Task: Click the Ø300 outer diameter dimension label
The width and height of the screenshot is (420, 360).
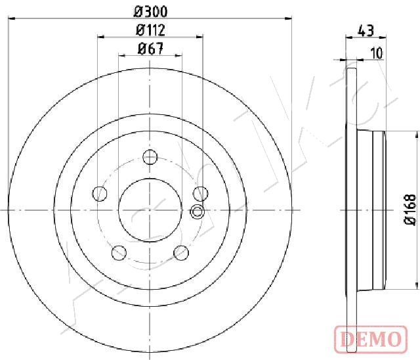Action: click(150, 12)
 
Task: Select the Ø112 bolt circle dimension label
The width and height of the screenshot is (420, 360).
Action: click(150, 30)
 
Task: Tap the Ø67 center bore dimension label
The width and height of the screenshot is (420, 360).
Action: click(150, 49)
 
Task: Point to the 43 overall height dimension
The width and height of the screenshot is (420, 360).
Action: click(366, 30)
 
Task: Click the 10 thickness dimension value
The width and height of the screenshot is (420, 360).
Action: click(377, 53)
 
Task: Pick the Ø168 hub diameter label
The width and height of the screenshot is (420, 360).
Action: click(410, 210)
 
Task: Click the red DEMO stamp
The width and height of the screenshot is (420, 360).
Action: click(371, 339)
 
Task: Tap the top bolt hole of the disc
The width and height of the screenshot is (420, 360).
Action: click(150, 157)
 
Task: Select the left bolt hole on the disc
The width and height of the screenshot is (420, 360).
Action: click(99, 194)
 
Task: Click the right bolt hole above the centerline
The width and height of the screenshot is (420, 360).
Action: click(201, 194)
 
